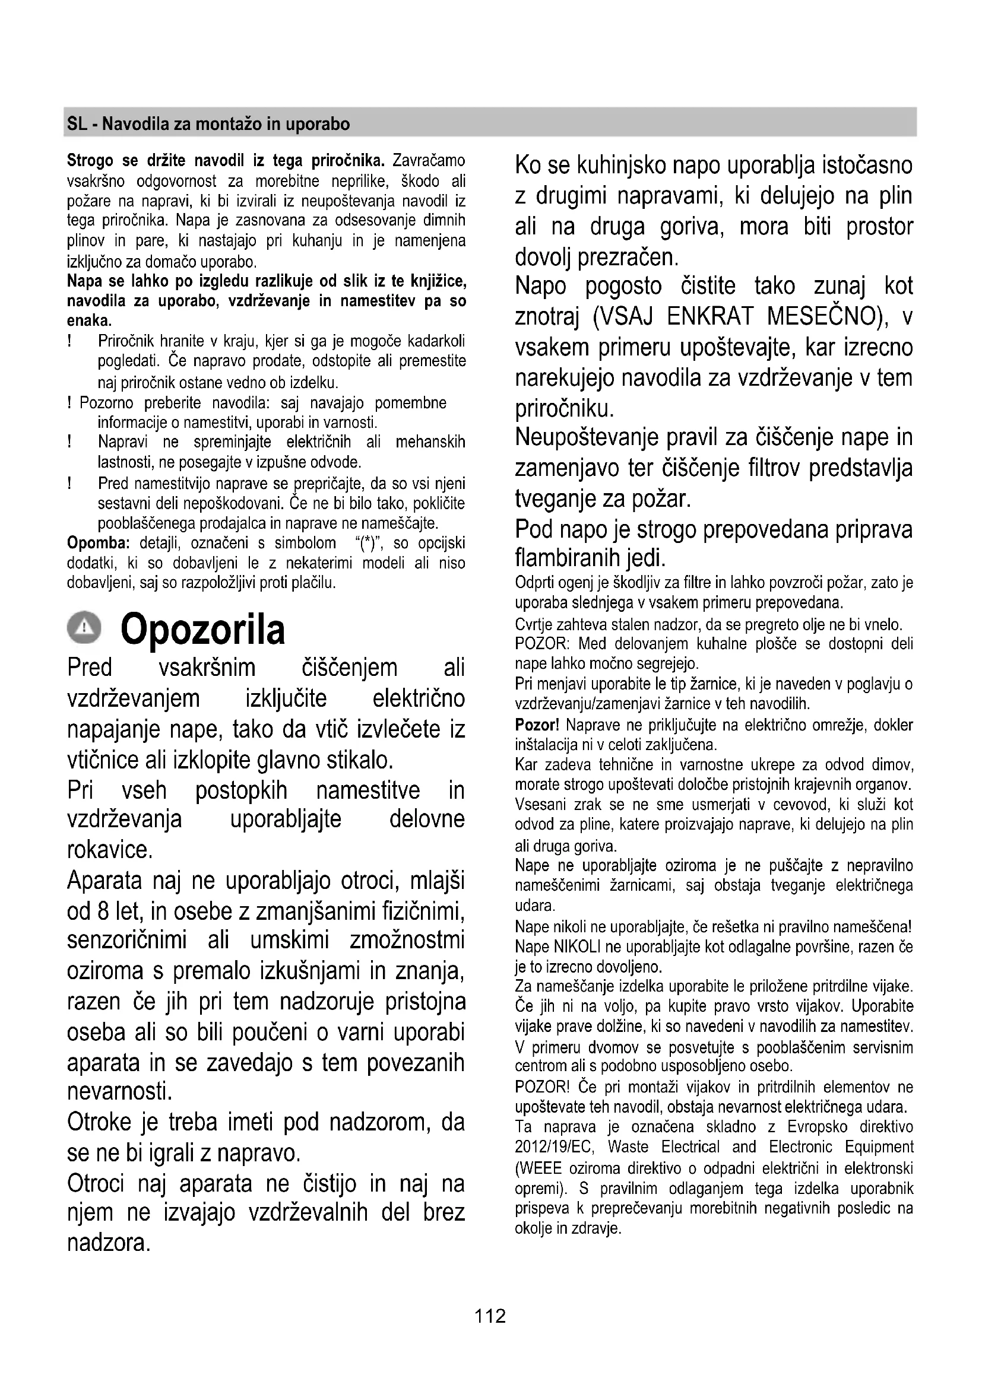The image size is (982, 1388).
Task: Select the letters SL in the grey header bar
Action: (76, 124)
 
